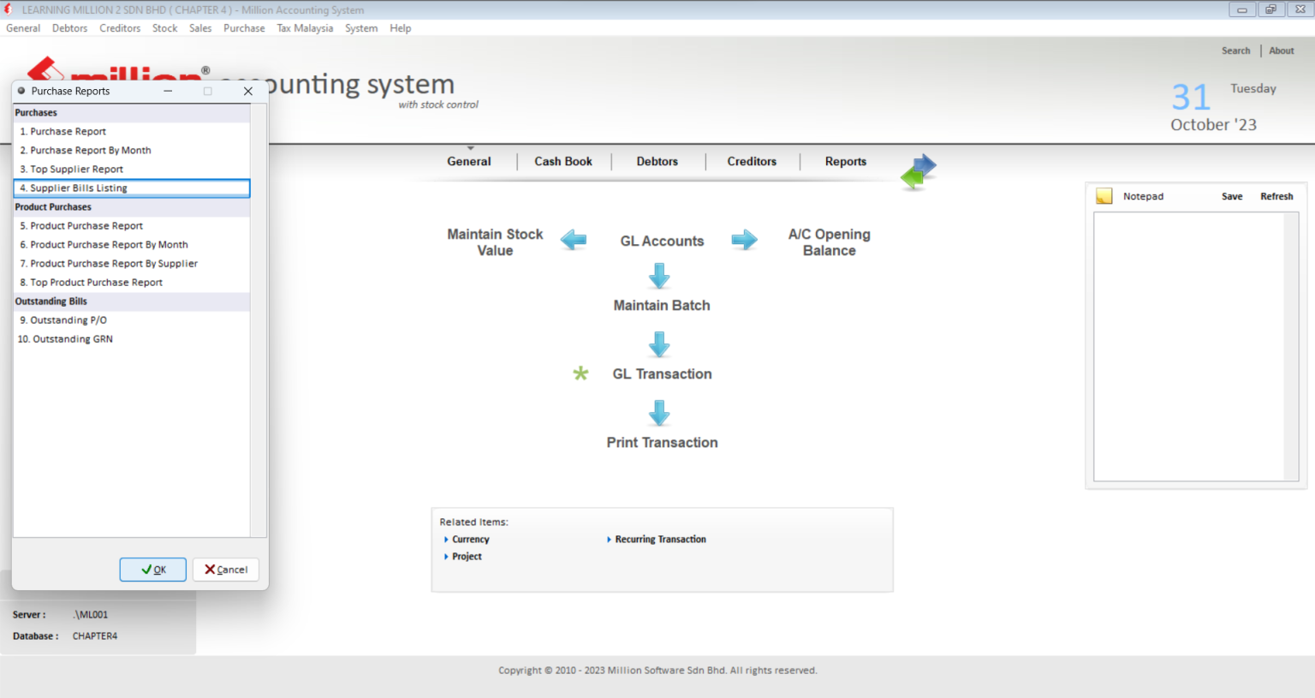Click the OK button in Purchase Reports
click(x=152, y=570)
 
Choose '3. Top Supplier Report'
click(x=71, y=169)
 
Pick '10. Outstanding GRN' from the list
click(x=65, y=339)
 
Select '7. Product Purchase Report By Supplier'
click(x=109, y=264)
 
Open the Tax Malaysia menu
click(x=305, y=28)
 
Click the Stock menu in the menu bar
click(x=164, y=28)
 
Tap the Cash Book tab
click(x=563, y=161)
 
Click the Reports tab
click(x=845, y=161)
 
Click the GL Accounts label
click(x=662, y=242)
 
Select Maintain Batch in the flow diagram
click(x=662, y=306)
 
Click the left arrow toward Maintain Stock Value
click(x=574, y=240)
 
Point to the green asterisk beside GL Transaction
click(x=580, y=373)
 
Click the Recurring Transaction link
click(x=660, y=540)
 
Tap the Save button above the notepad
click(x=1232, y=197)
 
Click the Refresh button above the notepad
click(x=1276, y=197)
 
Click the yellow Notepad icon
click(x=1104, y=196)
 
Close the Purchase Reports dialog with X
click(x=248, y=91)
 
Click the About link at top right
click(x=1281, y=51)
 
